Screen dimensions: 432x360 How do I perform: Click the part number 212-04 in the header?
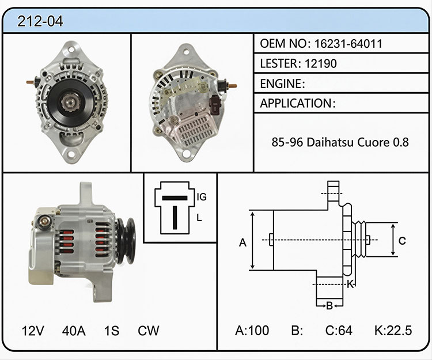40,21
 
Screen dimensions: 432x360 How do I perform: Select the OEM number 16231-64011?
348,44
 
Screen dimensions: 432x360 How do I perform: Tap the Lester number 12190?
321,63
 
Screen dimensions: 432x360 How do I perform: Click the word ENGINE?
281,84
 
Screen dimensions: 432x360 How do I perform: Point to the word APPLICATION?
296,103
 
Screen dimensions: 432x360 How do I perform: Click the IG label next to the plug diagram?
202,197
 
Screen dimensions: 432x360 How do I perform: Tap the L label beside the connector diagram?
199,218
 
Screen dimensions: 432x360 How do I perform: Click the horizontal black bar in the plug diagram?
175,198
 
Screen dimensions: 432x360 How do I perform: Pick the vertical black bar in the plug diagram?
175,218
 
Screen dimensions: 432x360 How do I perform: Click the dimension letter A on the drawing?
242,243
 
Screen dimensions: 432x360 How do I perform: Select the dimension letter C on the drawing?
402,241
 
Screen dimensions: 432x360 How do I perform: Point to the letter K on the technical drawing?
350,284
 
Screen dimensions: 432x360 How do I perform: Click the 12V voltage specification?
33,331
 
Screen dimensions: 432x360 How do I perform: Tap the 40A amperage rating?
74,331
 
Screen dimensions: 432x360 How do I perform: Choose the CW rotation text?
149,331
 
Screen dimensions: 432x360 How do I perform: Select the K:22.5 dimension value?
393,330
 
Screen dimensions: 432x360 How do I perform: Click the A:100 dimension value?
252,330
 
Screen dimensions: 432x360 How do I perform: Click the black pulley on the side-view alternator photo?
126,240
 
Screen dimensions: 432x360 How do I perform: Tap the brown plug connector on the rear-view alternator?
214,104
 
